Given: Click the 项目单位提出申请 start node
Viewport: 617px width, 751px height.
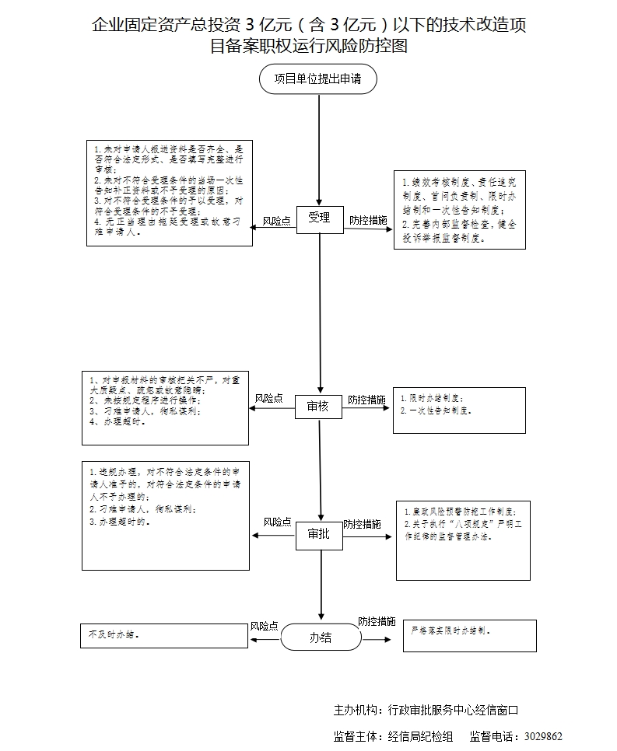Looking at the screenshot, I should pos(318,79).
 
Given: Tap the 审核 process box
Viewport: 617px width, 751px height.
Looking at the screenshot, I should pos(318,407).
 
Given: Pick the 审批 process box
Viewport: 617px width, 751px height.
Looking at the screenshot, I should pos(319,535).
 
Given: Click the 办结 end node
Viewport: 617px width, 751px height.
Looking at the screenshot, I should pos(321,638).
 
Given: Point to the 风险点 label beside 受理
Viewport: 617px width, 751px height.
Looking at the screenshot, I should pos(276,221).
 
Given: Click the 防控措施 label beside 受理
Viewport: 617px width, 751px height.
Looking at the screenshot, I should pos(368,221).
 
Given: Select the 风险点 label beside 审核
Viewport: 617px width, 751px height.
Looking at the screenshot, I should pos(268,399).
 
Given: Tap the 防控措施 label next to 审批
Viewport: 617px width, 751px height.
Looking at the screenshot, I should pos(362,524).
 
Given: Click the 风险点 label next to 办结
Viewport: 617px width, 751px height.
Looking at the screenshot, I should pos(265,626).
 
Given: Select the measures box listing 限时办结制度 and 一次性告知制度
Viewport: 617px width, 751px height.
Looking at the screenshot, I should pos(459,410).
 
